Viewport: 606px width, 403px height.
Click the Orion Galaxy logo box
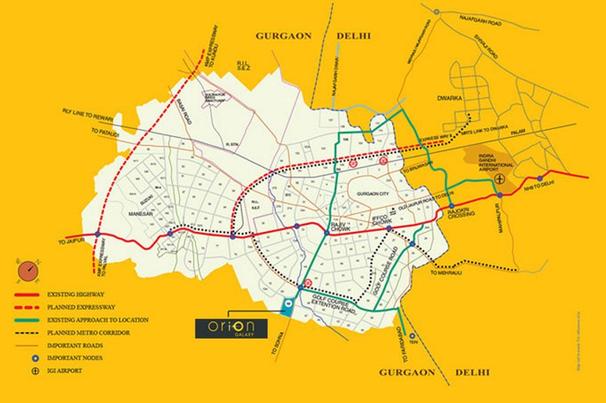pyautogui.click(x=231, y=328)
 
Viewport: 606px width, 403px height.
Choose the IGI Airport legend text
pyautogui.click(x=66, y=371)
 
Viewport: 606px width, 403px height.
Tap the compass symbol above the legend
pyautogui.click(x=27, y=271)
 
